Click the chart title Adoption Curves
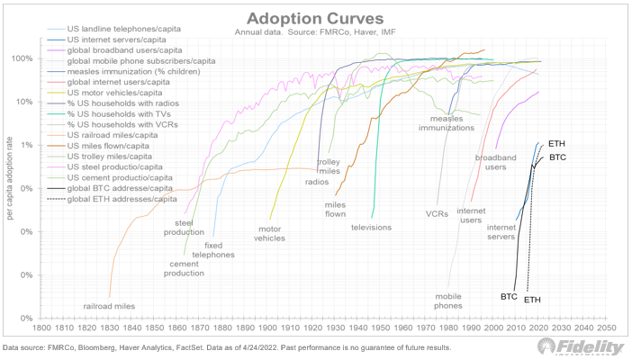[x=316, y=19]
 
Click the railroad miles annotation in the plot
[x=109, y=306]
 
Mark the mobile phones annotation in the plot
[x=448, y=301]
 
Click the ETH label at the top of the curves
[x=556, y=144]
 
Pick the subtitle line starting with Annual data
[x=316, y=33]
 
